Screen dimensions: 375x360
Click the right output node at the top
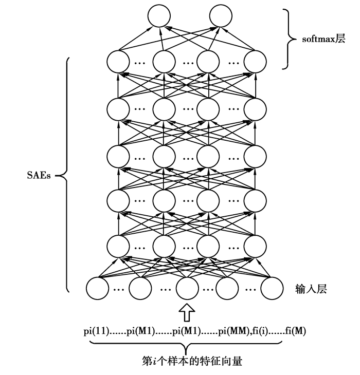click(x=221, y=16)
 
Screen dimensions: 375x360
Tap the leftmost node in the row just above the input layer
click(x=118, y=245)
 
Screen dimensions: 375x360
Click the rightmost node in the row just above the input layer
click(x=256, y=245)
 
